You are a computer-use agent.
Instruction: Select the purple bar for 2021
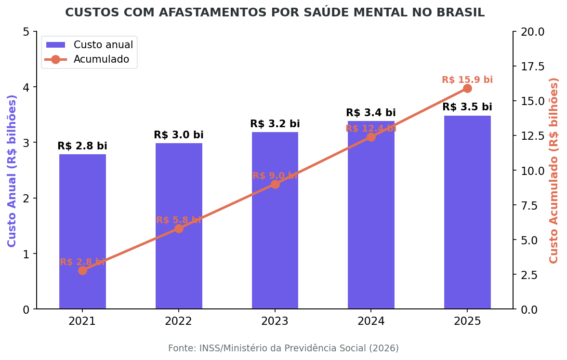point(82,231)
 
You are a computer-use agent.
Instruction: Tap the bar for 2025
point(467,212)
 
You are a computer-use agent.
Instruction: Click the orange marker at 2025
point(467,88)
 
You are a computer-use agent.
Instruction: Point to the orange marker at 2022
point(179,228)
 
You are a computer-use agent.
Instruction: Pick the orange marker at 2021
point(82,270)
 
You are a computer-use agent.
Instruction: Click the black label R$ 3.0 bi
point(178,135)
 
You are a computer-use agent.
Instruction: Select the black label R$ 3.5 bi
point(467,107)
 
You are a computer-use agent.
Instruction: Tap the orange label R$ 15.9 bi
point(467,80)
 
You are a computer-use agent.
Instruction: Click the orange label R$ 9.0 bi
point(275,176)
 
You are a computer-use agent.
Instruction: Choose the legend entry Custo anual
point(103,45)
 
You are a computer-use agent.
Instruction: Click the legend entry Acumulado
point(101,59)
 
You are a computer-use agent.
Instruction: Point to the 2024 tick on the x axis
point(370,321)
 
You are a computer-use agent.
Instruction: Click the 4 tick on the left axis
point(26,87)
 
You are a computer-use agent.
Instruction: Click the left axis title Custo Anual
point(12,171)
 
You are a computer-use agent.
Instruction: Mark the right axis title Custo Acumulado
point(554,171)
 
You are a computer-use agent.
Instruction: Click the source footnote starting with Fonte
point(283,348)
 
